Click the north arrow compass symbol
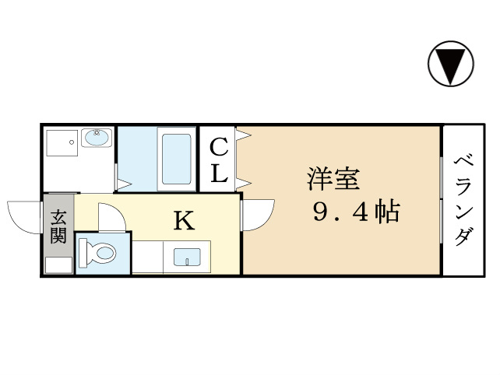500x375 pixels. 450,65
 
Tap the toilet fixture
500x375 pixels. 99,253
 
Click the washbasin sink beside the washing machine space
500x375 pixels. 96,138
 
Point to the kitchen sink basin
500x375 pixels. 187,257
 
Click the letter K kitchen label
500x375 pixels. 183,222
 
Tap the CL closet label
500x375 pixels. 219,159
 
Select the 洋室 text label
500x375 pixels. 333,180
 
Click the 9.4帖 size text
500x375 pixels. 356,211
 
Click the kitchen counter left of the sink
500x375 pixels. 148,258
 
